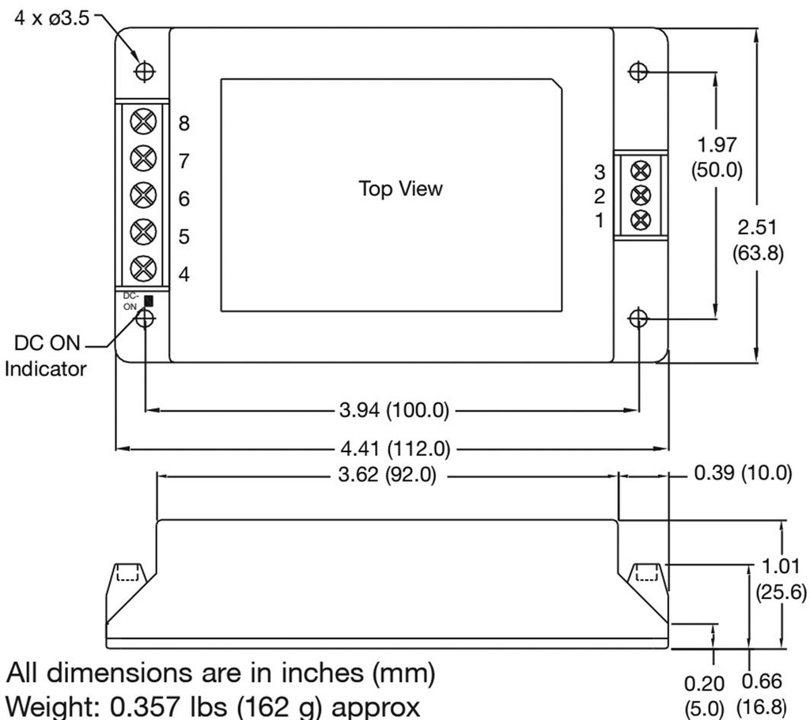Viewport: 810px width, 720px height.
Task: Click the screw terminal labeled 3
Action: (642, 169)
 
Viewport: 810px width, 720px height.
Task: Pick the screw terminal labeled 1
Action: (642, 218)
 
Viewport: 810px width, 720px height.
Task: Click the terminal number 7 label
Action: (184, 161)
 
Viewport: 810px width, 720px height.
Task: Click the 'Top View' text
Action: (400, 189)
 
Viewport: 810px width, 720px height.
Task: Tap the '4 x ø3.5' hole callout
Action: (52, 17)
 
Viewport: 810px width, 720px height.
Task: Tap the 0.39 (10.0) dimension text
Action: (742, 475)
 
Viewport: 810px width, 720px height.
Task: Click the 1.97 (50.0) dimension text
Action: (717, 158)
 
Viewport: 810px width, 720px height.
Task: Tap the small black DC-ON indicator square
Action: (148, 300)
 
